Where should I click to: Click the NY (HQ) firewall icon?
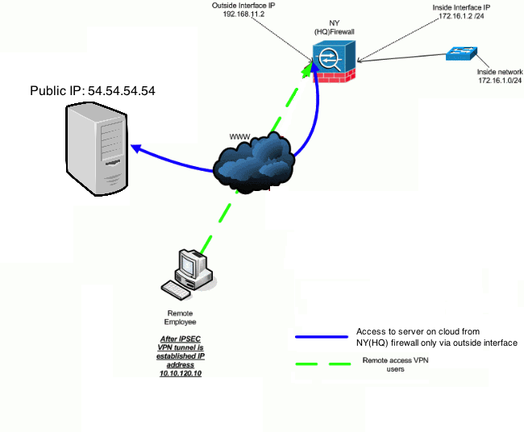tap(334, 62)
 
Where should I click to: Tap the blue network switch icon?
tap(461, 53)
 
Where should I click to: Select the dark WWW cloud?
tap(254, 163)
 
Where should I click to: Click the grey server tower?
tap(97, 149)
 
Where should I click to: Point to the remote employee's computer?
tap(189, 274)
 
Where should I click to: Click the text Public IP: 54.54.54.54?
tap(93, 91)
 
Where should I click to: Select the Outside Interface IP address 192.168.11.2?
tap(243, 14)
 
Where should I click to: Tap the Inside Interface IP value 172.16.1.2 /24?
tap(461, 15)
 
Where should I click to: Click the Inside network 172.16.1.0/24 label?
tap(500, 77)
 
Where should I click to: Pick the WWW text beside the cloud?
tap(239, 137)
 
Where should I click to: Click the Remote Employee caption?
tap(180, 318)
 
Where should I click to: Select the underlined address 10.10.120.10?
tap(181, 373)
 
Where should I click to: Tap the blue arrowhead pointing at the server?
tap(136, 148)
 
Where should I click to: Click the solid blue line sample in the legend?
tap(322, 337)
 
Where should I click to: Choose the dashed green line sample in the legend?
tap(323, 363)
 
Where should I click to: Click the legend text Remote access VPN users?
tap(395, 364)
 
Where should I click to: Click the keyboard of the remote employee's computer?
tap(176, 289)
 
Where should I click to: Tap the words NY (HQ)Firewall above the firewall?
tap(335, 27)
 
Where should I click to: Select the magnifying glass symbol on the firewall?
tap(330, 60)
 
